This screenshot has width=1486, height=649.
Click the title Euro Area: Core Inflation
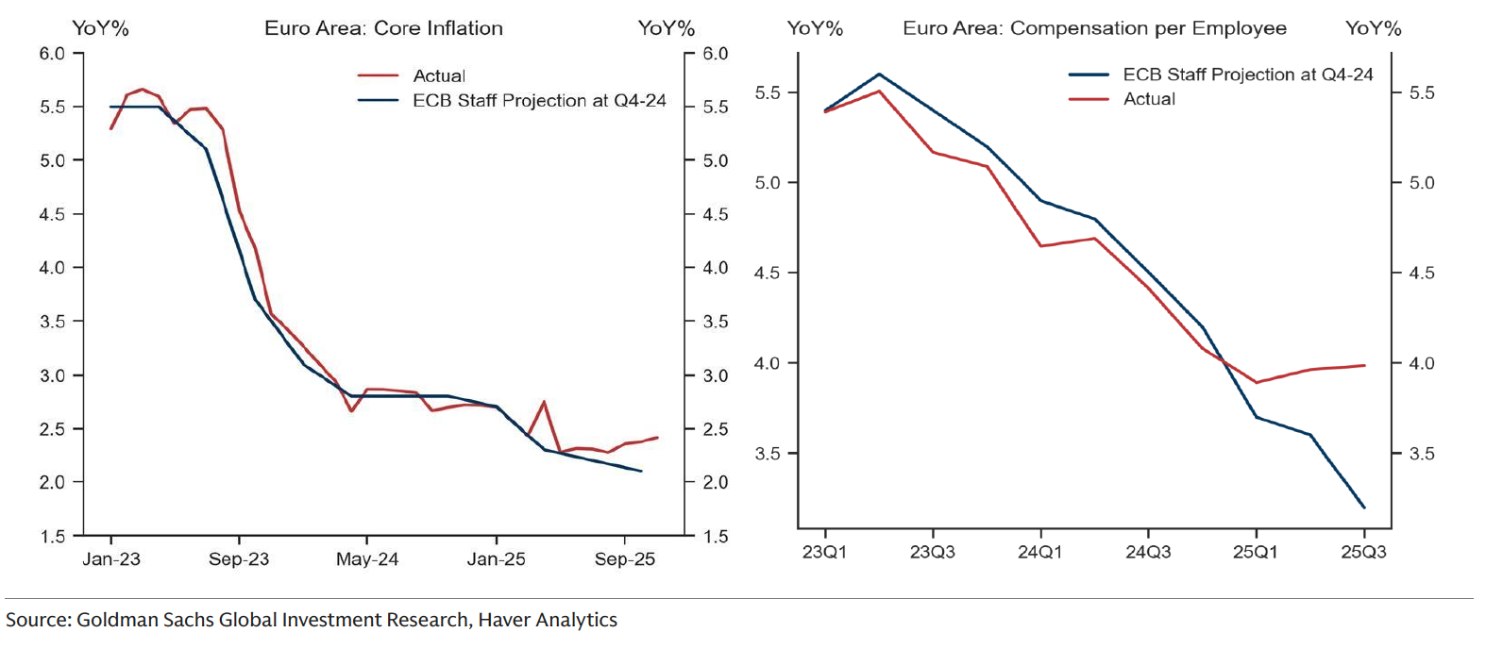[383, 28]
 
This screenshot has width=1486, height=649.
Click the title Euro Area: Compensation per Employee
[1094, 28]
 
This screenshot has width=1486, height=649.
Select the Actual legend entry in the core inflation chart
[438, 75]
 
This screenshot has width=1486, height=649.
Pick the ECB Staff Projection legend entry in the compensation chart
[1247, 75]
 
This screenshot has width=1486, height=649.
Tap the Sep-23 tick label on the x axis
[239, 559]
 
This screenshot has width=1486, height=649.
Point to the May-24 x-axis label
[367, 559]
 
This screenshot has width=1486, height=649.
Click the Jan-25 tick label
[496, 559]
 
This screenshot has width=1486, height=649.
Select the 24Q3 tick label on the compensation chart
[1148, 552]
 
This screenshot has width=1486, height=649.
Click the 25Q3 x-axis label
[1363, 552]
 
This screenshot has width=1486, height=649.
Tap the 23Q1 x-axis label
[824, 552]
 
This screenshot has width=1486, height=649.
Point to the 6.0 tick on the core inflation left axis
[52, 54]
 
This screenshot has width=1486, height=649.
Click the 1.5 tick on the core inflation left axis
[52, 536]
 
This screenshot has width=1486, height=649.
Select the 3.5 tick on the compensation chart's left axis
[768, 454]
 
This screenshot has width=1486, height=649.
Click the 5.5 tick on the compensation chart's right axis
[1421, 92]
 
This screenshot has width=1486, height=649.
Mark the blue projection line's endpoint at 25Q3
[1364, 508]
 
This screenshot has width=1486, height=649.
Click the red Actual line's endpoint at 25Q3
[1364, 365]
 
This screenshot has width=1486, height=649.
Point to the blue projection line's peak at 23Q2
[879, 74]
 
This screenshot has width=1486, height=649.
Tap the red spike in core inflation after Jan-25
[544, 402]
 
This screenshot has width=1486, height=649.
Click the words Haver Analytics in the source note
[548, 620]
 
